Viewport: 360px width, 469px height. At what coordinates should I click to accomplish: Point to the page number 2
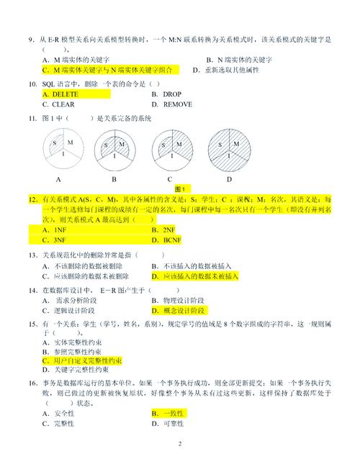coord(180,444)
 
